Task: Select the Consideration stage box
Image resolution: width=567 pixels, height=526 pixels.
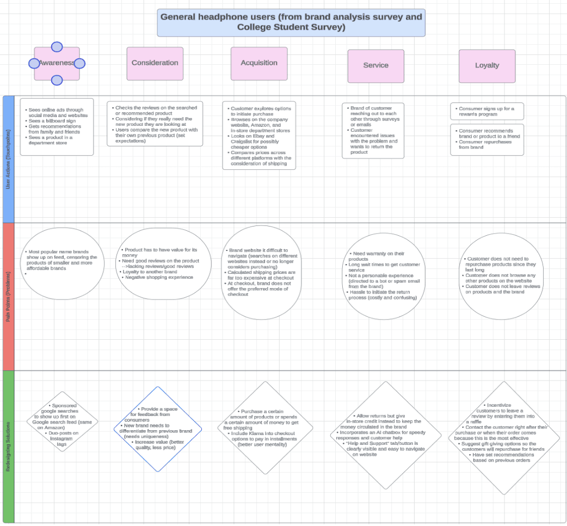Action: pos(155,63)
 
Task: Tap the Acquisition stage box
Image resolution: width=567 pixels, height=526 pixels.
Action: pos(259,63)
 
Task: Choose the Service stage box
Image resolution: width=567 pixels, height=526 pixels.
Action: pos(375,66)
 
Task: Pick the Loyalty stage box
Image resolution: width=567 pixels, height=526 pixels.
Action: pos(486,66)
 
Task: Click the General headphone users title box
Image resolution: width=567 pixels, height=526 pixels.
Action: pos(291,23)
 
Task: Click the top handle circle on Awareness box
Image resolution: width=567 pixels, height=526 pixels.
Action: pos(57,47)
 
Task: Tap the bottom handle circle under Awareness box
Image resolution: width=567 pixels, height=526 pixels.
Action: pos(57,81)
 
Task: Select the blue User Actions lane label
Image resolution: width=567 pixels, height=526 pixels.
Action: pos(8,158)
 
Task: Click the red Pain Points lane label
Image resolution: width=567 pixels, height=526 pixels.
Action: pos(8,296)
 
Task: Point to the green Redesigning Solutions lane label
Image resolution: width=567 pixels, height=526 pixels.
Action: pos(8,447)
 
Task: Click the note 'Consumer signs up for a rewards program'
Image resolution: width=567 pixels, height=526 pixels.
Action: pos(487,111)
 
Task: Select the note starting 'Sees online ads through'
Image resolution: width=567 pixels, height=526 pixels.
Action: pos(57,126)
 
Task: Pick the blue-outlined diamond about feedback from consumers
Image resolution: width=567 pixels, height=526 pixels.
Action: pos(158,429)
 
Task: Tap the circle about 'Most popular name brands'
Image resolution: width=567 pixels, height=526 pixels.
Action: pos(63,264)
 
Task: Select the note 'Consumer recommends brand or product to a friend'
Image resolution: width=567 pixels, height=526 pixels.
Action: pos(487,139)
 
